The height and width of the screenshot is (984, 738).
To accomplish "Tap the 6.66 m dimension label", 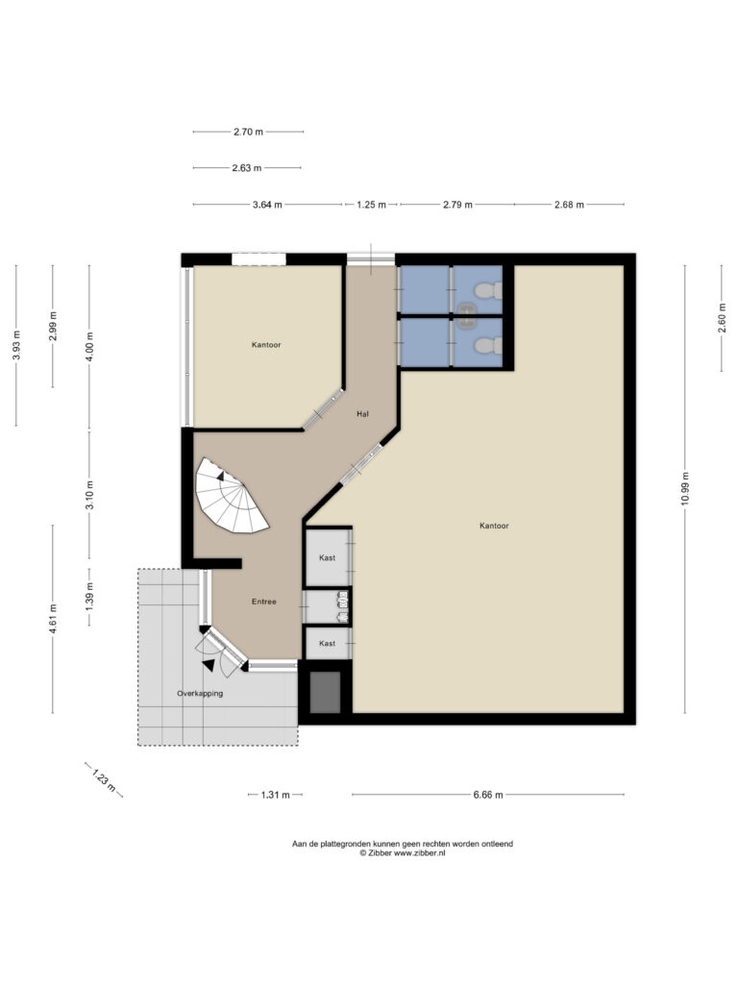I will [x=489, y=795].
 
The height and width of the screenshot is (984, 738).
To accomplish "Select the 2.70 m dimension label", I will [x=248, y=131].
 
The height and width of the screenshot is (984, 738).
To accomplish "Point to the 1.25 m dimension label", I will [x=371, y=204].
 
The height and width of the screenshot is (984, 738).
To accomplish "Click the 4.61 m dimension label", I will [x=53, y=619].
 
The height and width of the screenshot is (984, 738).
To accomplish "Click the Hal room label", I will [x=362, y=414].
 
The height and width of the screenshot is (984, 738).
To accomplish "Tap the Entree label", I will [x=264, y=602].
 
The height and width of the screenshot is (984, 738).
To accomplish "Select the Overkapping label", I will [x=200, y=693].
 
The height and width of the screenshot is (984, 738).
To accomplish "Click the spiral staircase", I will [x=232, y=496].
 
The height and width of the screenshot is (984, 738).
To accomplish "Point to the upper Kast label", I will [x=327, y=557].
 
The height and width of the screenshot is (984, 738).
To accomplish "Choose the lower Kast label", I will [x=327, y=643].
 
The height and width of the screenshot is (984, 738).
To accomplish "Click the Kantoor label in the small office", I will [x=265, y=344].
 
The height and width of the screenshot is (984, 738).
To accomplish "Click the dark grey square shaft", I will [x=326, y=692].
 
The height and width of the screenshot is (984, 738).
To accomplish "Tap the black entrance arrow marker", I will [x=209, y=664].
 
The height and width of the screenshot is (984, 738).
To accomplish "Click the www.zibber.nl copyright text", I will [x=402, y=852].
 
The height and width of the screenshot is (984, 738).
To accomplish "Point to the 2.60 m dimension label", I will [x=723, y=317].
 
